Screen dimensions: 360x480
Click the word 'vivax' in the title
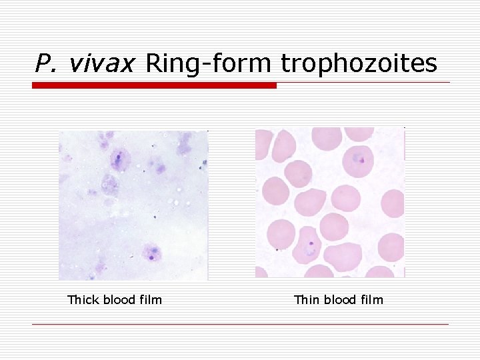pyautogui.click(x=101, y=63)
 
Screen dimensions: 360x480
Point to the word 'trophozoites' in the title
pyautogui.click(x=359, y=63)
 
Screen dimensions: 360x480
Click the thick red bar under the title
pyautogui.click(x=154, y=85)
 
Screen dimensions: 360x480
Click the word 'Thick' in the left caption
pyautogui.click(x=83, y=300)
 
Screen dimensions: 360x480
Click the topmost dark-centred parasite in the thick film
pyautogui.click(x=119, y=159)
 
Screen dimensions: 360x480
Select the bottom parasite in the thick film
pyautogui.click(x=152, y=253)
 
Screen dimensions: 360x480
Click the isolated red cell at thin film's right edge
pyautogui.click(x=393, y=203)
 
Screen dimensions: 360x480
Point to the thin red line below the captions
pyautogui.click(x=240, y=325)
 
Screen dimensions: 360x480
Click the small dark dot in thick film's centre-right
pyautogui.click(x=155, y=217)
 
